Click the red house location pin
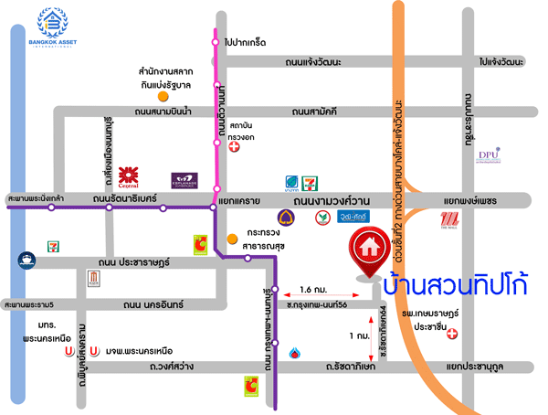coord(369,253)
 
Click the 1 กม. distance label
coord(359,335)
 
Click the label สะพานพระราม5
coord(27,304)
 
